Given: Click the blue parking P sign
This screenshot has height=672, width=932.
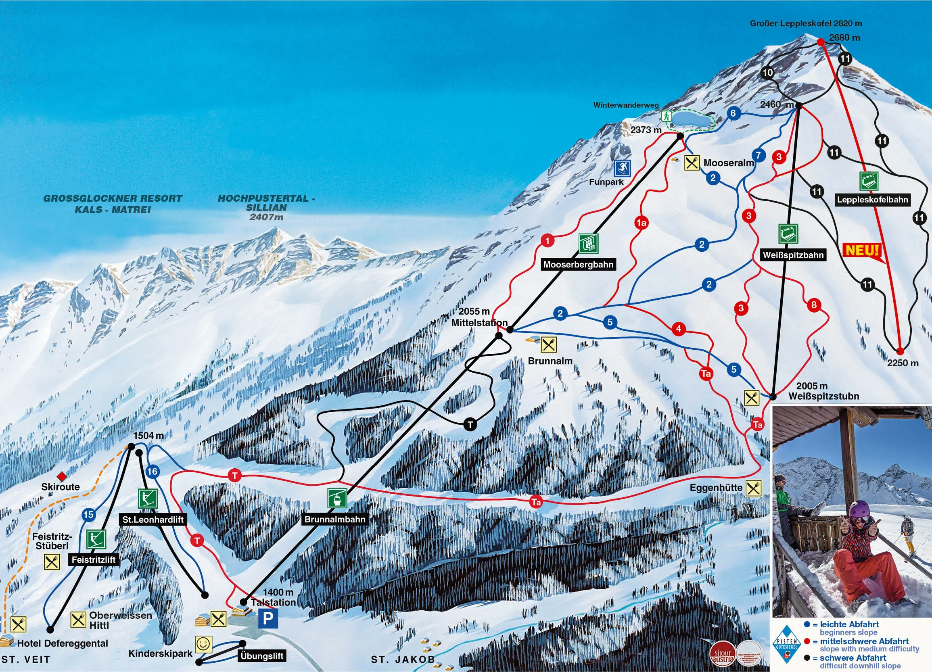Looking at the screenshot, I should (x=268, y=618).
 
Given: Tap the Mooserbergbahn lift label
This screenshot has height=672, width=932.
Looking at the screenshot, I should (x=578, y=264).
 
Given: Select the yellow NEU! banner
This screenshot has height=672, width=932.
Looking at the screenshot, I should (x=862, y=250).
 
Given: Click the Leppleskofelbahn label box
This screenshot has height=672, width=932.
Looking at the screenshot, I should (x=872, y=200).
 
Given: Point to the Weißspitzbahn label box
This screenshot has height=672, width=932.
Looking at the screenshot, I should (x=793, y=255).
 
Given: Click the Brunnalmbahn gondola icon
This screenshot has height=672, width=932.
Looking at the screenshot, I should (x=336, y=499).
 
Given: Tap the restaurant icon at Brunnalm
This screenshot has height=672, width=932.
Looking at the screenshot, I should (x=548, y=344).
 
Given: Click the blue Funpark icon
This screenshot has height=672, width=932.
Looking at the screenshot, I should (x=622, y=168).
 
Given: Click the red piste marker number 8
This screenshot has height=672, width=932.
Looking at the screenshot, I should (x=814, y=305).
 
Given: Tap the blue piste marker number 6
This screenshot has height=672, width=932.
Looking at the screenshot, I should (x=733, y=113).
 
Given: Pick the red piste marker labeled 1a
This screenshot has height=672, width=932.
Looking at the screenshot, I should (x=641, y=223).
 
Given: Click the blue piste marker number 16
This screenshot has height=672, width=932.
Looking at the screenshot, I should (x=153, y=471).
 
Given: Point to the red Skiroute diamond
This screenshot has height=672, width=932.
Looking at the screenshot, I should (x=62, y=476).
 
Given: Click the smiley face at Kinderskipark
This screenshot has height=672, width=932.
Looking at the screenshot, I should (x=203, y=644).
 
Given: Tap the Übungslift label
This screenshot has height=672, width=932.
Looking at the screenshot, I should (x=261, y=655).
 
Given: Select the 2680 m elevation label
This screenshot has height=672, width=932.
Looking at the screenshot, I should (x=844, y=38).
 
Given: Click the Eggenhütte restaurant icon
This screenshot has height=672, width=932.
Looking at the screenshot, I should (x=753, y=488).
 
